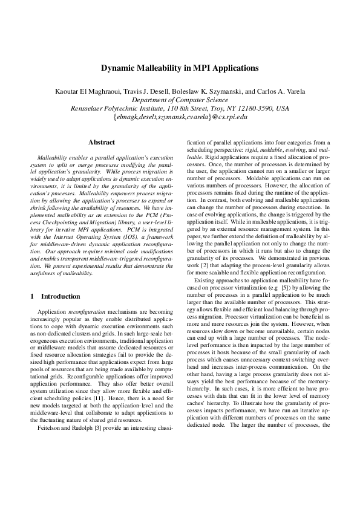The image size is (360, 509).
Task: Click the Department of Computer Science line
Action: pyautogui.click(x=180, y=100)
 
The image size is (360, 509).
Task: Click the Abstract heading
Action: pyautogui.click(x=102, y=142)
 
